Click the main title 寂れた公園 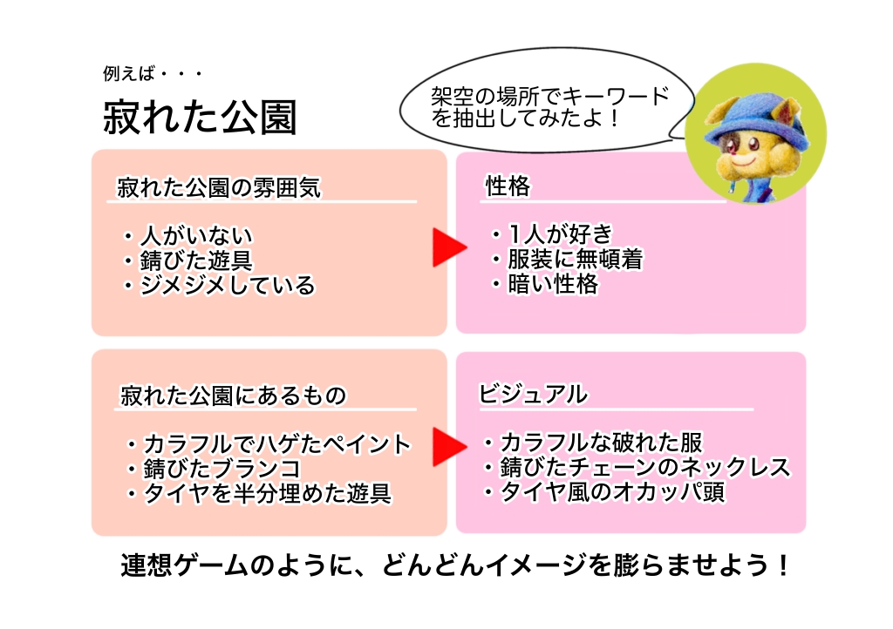(x=200, y=117)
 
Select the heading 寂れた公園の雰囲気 (x=219, y=187)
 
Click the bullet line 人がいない (x=196, y=235)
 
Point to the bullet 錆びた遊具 (x=196, y=260)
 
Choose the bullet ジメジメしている (x=228, y=286)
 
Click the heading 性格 (x=508, y=186)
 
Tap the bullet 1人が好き (x=560, y=233)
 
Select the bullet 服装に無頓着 (x=576, y=259)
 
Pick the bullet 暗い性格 (x=552, y=284)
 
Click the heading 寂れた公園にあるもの (x=234, y=396)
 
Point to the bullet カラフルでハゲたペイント (x=276, y=444)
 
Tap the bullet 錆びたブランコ (x=222, y=469)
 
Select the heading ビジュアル (x=533, y=394)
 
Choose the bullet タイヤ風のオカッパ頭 (x=612, y=492)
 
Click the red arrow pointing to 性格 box (x=450, y=247)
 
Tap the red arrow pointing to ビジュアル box (x=450, y=447)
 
